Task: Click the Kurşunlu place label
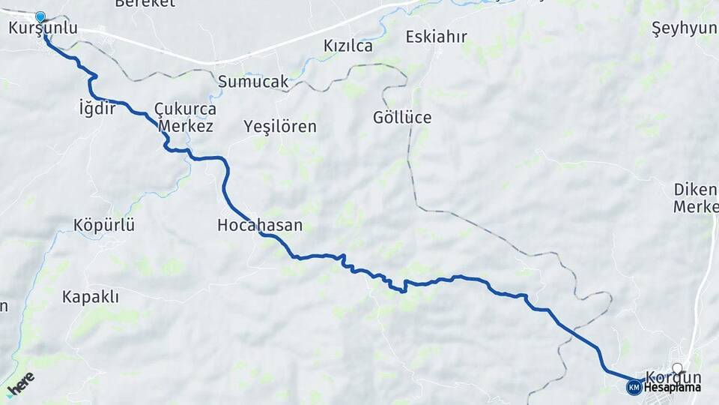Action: (x=43, y=28)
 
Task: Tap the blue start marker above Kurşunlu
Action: (x=40, y=16)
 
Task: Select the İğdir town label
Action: (x=97, y=109)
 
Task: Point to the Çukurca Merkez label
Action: (x=185, y=117)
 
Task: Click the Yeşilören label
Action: (x=280, y=127)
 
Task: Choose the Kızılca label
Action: (x=348, y=46)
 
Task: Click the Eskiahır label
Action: (x=436, y=36)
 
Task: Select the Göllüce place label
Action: (x=402, y=118)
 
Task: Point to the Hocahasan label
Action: (x=260, y=225)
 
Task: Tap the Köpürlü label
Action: (x=104, y=225)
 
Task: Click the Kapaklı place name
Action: (x=91, y=297)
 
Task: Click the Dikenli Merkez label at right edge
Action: (x=696, y=197)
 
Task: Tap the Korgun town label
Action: (x=673, y=377)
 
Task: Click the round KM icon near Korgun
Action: (x=634, y=387)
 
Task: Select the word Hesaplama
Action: (x=671, y=388)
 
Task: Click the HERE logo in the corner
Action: (x=20, y=385)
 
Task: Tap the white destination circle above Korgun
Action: (x=677, y=368)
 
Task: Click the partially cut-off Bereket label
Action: (x=145, y=4)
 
